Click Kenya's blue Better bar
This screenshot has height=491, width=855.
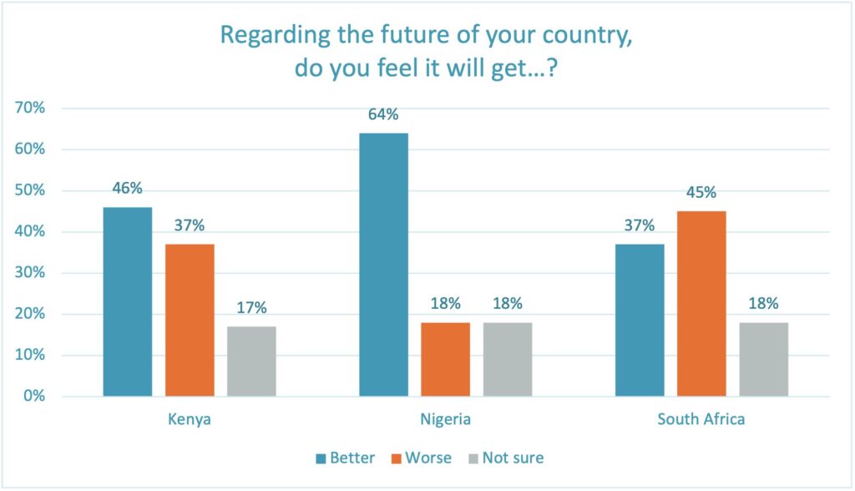128,301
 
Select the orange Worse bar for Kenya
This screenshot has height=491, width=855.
190,320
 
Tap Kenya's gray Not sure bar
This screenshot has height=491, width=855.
251,361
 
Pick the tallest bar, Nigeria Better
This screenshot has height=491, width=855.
383,265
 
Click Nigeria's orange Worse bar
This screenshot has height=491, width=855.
445,359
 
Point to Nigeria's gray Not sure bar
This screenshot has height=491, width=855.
507,359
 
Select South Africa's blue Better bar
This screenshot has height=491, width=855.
640,320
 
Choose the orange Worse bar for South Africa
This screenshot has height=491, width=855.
701,303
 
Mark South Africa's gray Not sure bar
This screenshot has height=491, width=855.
763,359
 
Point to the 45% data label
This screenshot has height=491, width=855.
701,193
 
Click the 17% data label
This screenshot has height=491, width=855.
251,308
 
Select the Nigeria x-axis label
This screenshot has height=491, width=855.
445,419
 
